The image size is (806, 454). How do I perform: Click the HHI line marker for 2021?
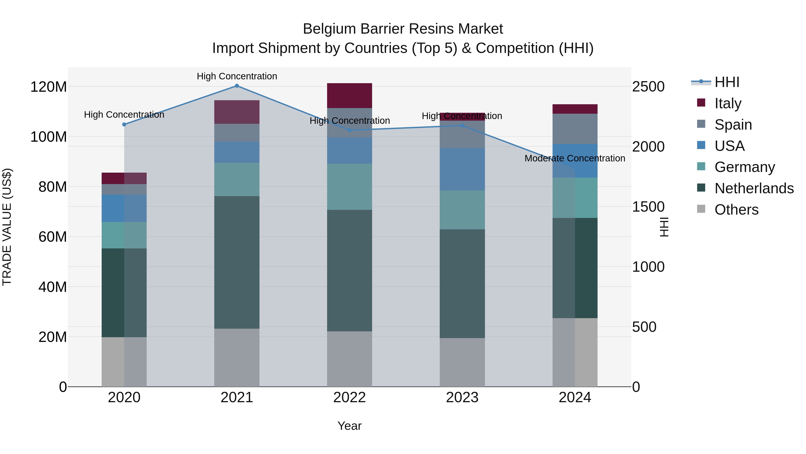coord(237,86)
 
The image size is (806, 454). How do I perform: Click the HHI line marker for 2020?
coord(124,124)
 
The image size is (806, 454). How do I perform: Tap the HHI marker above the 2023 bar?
coord(462,126)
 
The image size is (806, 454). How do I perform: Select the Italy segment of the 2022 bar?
coord(349,96)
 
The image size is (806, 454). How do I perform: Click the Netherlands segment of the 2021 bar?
coord(237,262)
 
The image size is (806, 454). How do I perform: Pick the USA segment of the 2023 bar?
coord(462,169)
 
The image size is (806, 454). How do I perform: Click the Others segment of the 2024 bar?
coord(575,352)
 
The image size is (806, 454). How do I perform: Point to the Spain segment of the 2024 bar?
coord(575,129)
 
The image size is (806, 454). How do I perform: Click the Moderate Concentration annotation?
coord(575,158)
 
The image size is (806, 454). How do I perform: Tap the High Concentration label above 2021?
coord(237,76)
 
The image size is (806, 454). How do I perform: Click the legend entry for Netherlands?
coord(754,188)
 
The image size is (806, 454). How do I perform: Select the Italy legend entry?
coord(728,103)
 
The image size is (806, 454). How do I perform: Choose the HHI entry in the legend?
coord(727,82)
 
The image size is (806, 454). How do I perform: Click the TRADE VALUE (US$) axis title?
coord(7,227)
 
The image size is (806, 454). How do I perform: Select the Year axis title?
coord(349,426)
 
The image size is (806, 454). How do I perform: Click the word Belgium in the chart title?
coord(329,29)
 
